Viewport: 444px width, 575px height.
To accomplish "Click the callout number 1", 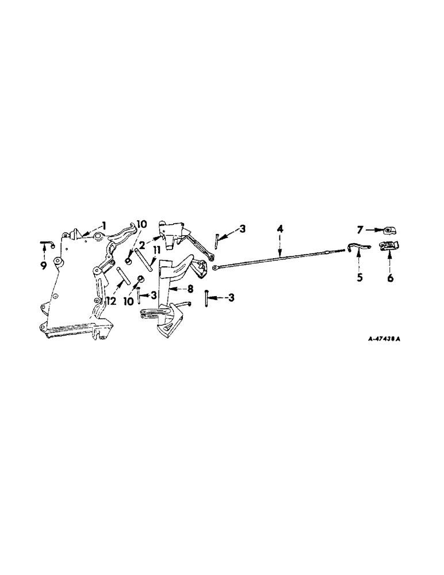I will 105,224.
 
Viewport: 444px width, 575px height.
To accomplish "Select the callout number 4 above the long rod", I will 279,228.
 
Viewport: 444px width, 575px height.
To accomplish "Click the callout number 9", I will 44,264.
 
